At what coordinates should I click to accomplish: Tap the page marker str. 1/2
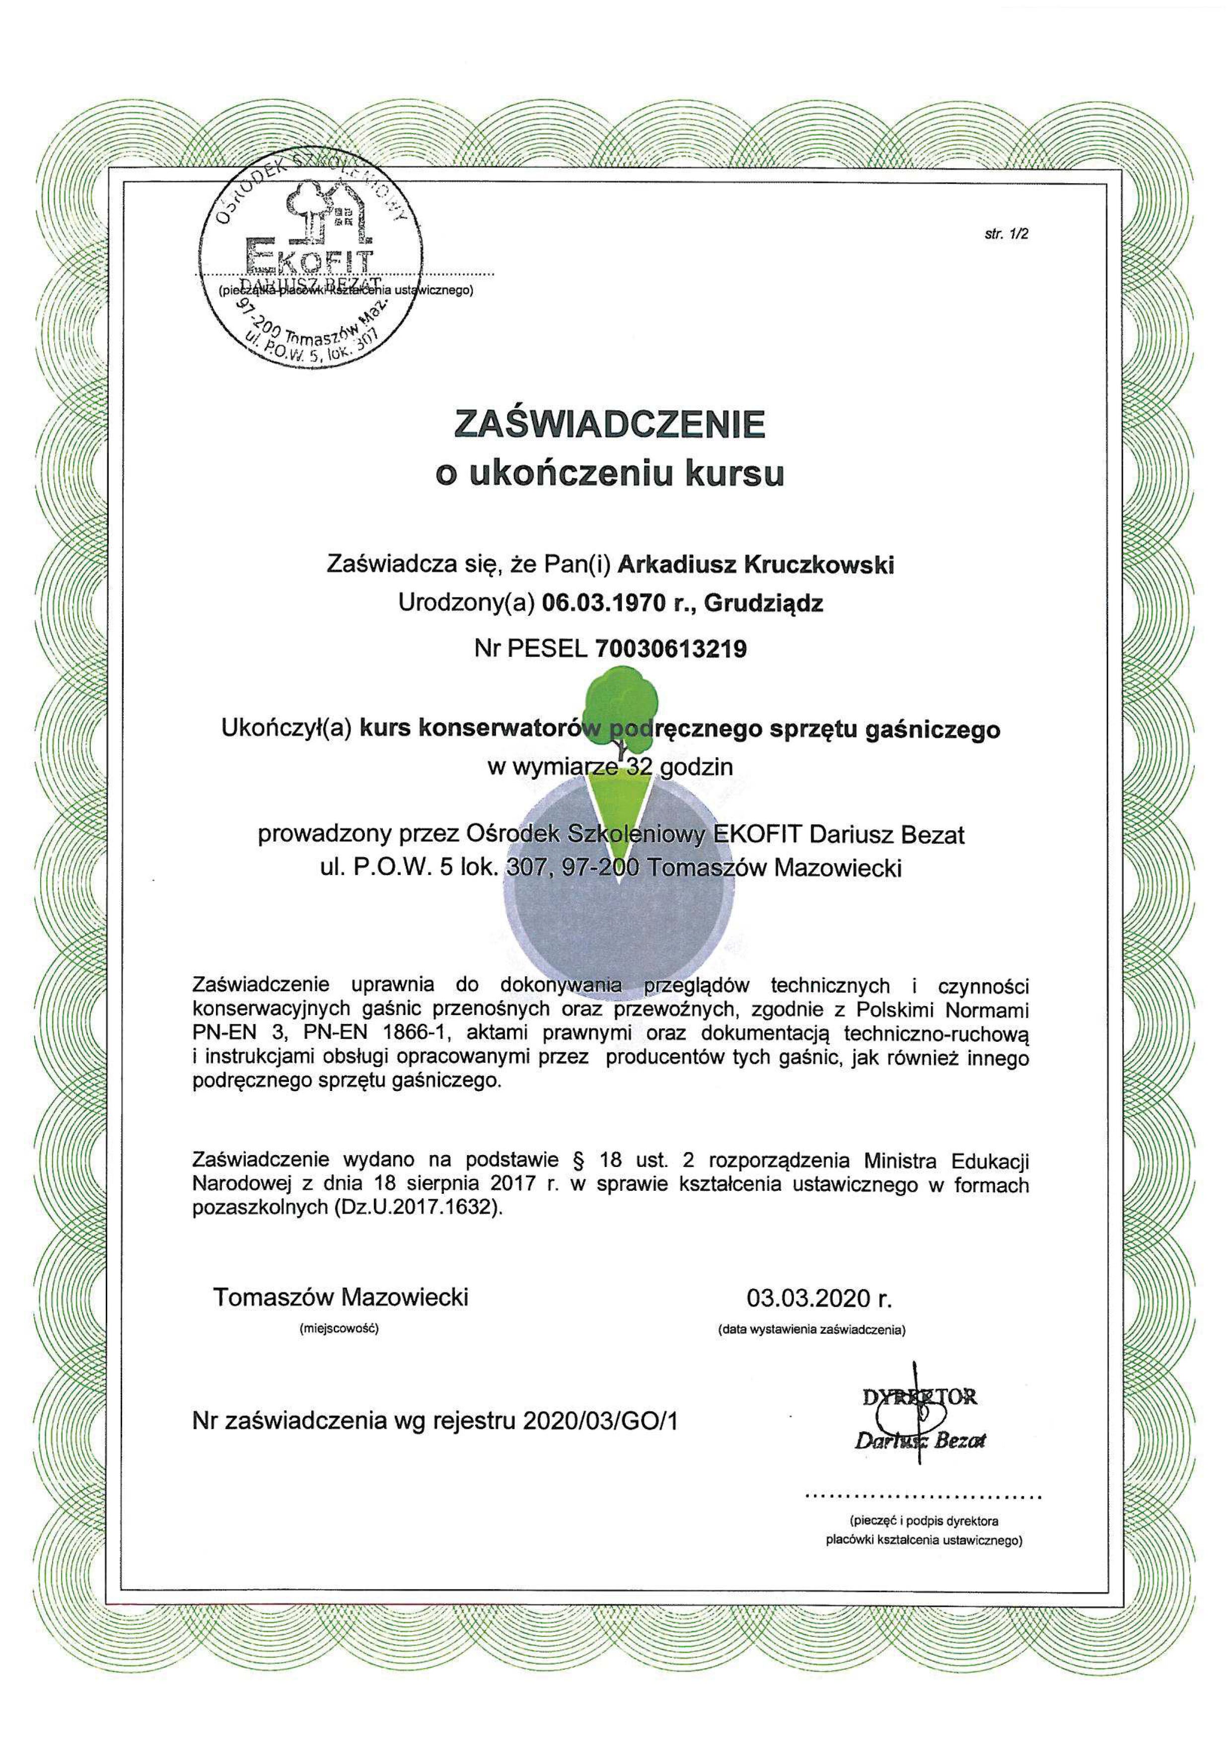tap(1005, 233)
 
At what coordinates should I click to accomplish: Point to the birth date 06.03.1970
tap(598, 604)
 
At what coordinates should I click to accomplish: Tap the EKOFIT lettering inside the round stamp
tap(308, 256)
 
